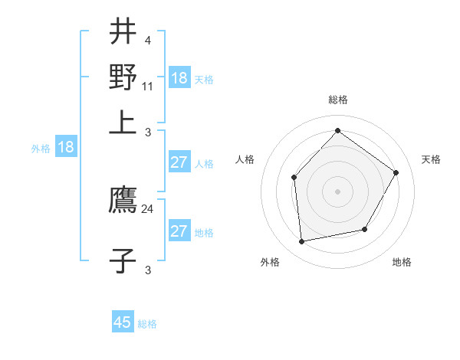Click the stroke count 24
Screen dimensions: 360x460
(148, 208)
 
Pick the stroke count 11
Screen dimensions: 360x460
(148, 87)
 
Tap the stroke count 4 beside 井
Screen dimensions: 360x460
(147, 40)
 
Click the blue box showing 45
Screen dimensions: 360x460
(123, 322)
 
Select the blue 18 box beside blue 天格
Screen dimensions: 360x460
(179, 78)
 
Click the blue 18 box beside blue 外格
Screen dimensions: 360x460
(66, 148)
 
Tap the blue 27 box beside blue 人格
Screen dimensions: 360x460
(179, 162)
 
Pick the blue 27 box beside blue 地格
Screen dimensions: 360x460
(179, 231)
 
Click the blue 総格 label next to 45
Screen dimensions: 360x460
(147, 324)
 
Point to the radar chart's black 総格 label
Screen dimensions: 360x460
(337, 100)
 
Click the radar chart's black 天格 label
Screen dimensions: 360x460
(432, 159)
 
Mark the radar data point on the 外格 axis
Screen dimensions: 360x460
(302, 242)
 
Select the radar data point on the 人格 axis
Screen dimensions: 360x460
(294, 178)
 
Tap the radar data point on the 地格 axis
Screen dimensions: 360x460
(365, 229)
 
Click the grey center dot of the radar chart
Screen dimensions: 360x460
(337, 191)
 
